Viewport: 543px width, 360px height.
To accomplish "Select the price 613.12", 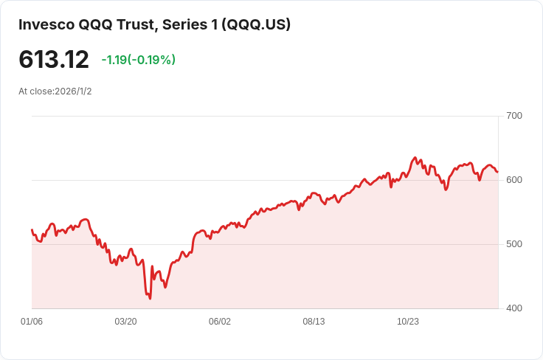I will pyautogui.click(x=54, y=60).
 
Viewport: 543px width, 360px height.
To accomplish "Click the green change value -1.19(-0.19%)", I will pyautogui.click(x=139, y=60).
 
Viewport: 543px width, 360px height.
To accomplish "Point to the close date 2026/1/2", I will pyautogui.click(x=73, y=91).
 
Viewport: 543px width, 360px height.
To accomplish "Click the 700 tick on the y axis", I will pyautogui.click(x=514, y=116).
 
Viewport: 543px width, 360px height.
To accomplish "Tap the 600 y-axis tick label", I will pyautogui.click(x=514, y=180).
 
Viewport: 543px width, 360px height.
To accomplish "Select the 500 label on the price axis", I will pyautogui.click(x=514, y=244).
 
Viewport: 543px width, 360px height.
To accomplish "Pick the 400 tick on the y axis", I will pyautogui.click(x=514, y=308).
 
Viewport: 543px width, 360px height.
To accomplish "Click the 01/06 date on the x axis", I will pyautogui.click(x=32, y=322).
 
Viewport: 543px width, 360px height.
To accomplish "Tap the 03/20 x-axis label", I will pyautogui.click(x=125, y=322).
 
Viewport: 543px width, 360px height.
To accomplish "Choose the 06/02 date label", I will pyautogui.click(x=220, y=322).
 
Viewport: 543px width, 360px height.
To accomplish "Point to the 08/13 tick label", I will pyautogui.click(x=314, y=322).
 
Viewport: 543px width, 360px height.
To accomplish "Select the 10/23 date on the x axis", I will pyautogui.click(x=408, y=322).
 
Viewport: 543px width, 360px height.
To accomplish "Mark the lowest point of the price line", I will pyautogui.click(x=150, y=298).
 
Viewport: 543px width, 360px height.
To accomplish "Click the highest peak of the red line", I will pyautogui.click(x=415, y=158).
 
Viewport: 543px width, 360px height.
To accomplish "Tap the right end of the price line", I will pyautogui.click(x=497, y=172).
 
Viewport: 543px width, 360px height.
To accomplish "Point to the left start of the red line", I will pyautogui.click(x=32, y=230).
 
